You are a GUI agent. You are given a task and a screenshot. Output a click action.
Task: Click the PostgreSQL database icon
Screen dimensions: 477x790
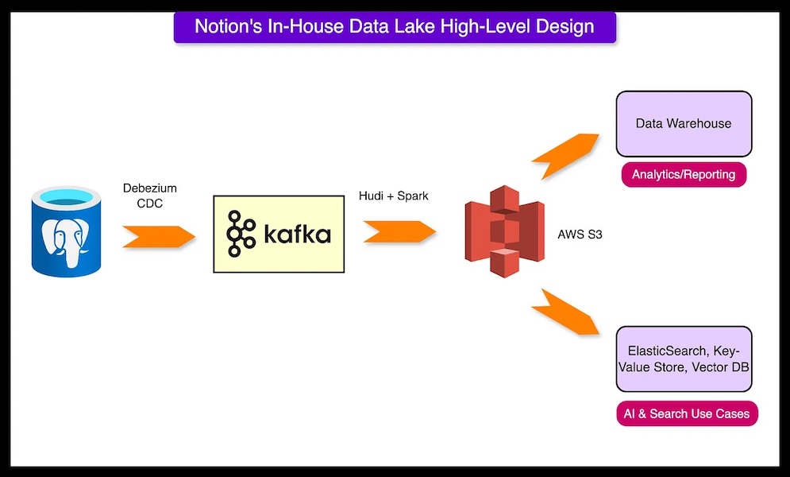(x=67, y=230)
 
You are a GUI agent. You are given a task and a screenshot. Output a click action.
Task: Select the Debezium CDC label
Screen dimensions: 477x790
(x=149, y=195)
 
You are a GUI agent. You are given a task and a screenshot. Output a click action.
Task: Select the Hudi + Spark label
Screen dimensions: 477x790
(x=393, y=196)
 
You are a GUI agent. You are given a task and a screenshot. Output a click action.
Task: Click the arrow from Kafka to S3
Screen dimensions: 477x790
(x=400, y=232)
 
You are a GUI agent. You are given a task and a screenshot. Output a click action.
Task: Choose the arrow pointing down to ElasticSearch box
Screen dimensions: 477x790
(x=567, y=312)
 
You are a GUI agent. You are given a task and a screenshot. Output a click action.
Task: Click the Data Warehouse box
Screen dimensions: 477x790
(x=684, y=124)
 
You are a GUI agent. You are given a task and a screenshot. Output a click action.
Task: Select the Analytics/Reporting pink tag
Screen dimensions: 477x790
(x=684, y=174)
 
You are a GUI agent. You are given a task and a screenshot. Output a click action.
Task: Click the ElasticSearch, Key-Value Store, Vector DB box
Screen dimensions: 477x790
(x=684, y=359)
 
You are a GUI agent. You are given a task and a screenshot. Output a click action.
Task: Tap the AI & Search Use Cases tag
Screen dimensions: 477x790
(x=688, y=414)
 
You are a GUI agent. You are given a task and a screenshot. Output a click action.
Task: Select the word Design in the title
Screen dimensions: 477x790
(x=565, y=26)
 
